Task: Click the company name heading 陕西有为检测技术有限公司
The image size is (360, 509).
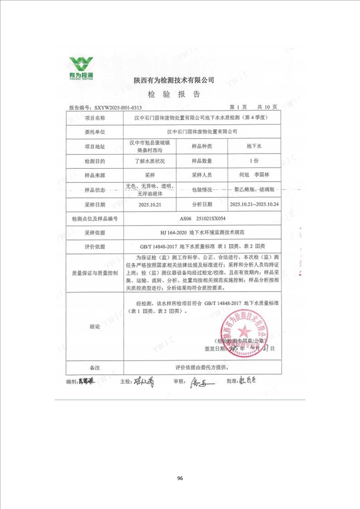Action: [x=174, y=80]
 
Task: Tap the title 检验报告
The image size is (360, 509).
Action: [x=174, y=95]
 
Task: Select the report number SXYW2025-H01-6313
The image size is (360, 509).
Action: [x=117, y=108]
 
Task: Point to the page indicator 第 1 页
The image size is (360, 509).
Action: [x=238, y=108]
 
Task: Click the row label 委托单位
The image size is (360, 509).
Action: [x=95, y=132]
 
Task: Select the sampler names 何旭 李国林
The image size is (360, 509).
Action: [x=254, y=175]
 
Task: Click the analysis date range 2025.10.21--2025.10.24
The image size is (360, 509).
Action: [x=254, y=205]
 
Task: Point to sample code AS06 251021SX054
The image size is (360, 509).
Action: [x=203, y=219]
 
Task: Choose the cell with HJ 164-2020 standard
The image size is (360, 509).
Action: [x=203, y=232]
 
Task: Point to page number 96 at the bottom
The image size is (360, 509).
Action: [x=180, y=478]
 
